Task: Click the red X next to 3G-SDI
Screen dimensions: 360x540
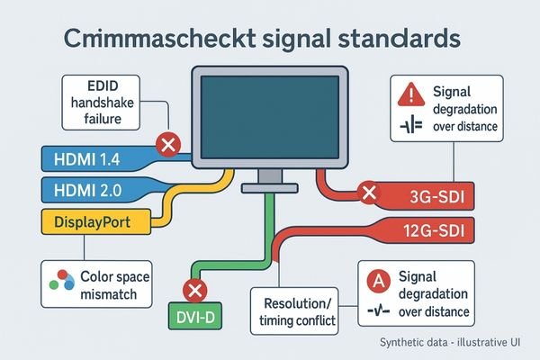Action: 367,192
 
